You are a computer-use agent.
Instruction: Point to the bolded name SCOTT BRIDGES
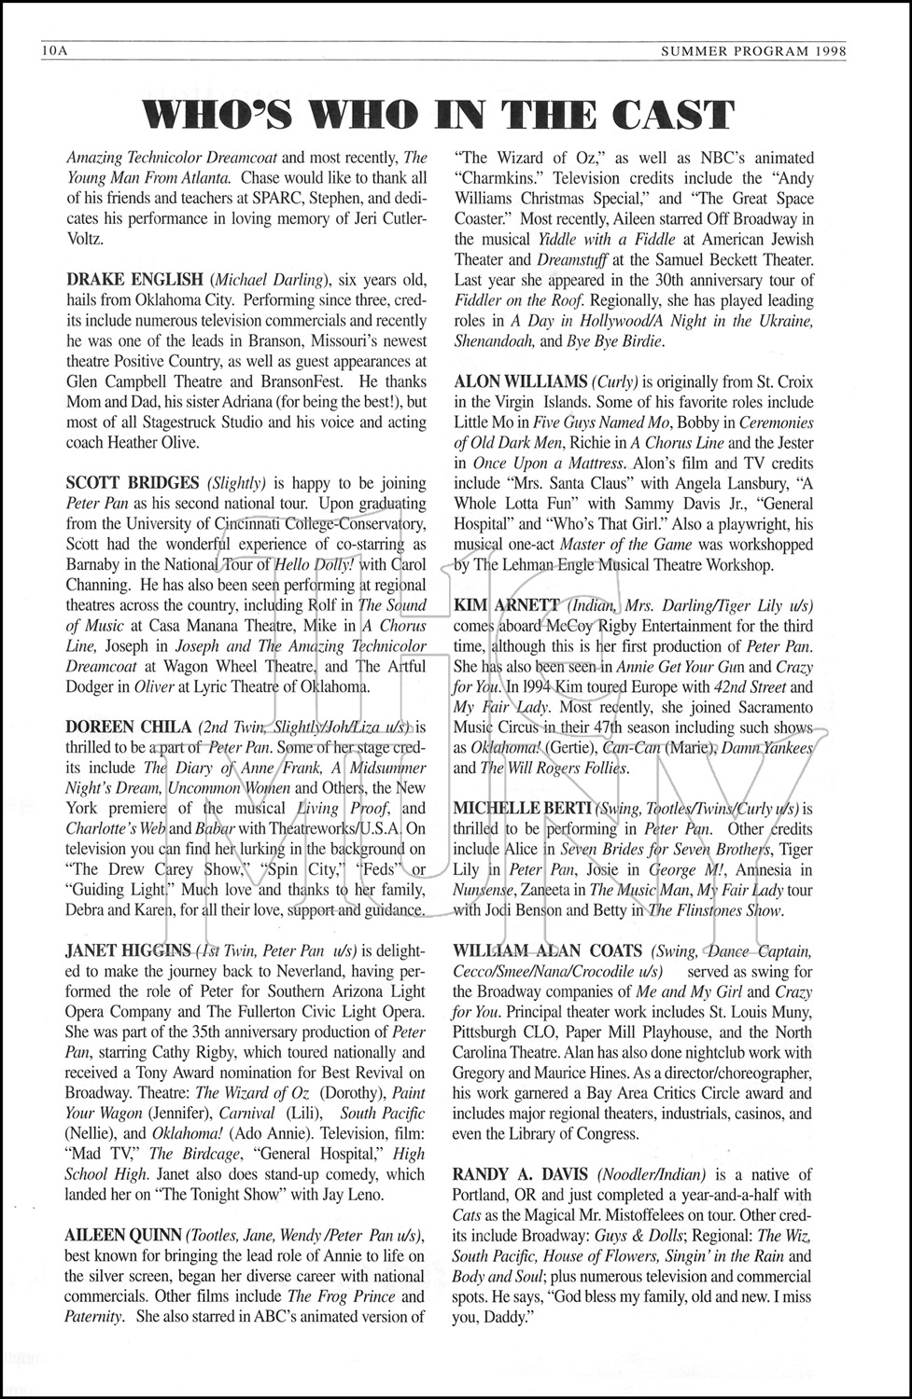tap(133, 483)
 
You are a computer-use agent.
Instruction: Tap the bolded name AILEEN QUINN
tap(123, 1234)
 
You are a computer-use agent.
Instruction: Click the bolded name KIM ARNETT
tap(507, 605)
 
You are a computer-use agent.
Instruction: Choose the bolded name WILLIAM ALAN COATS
tap(548, 950)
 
